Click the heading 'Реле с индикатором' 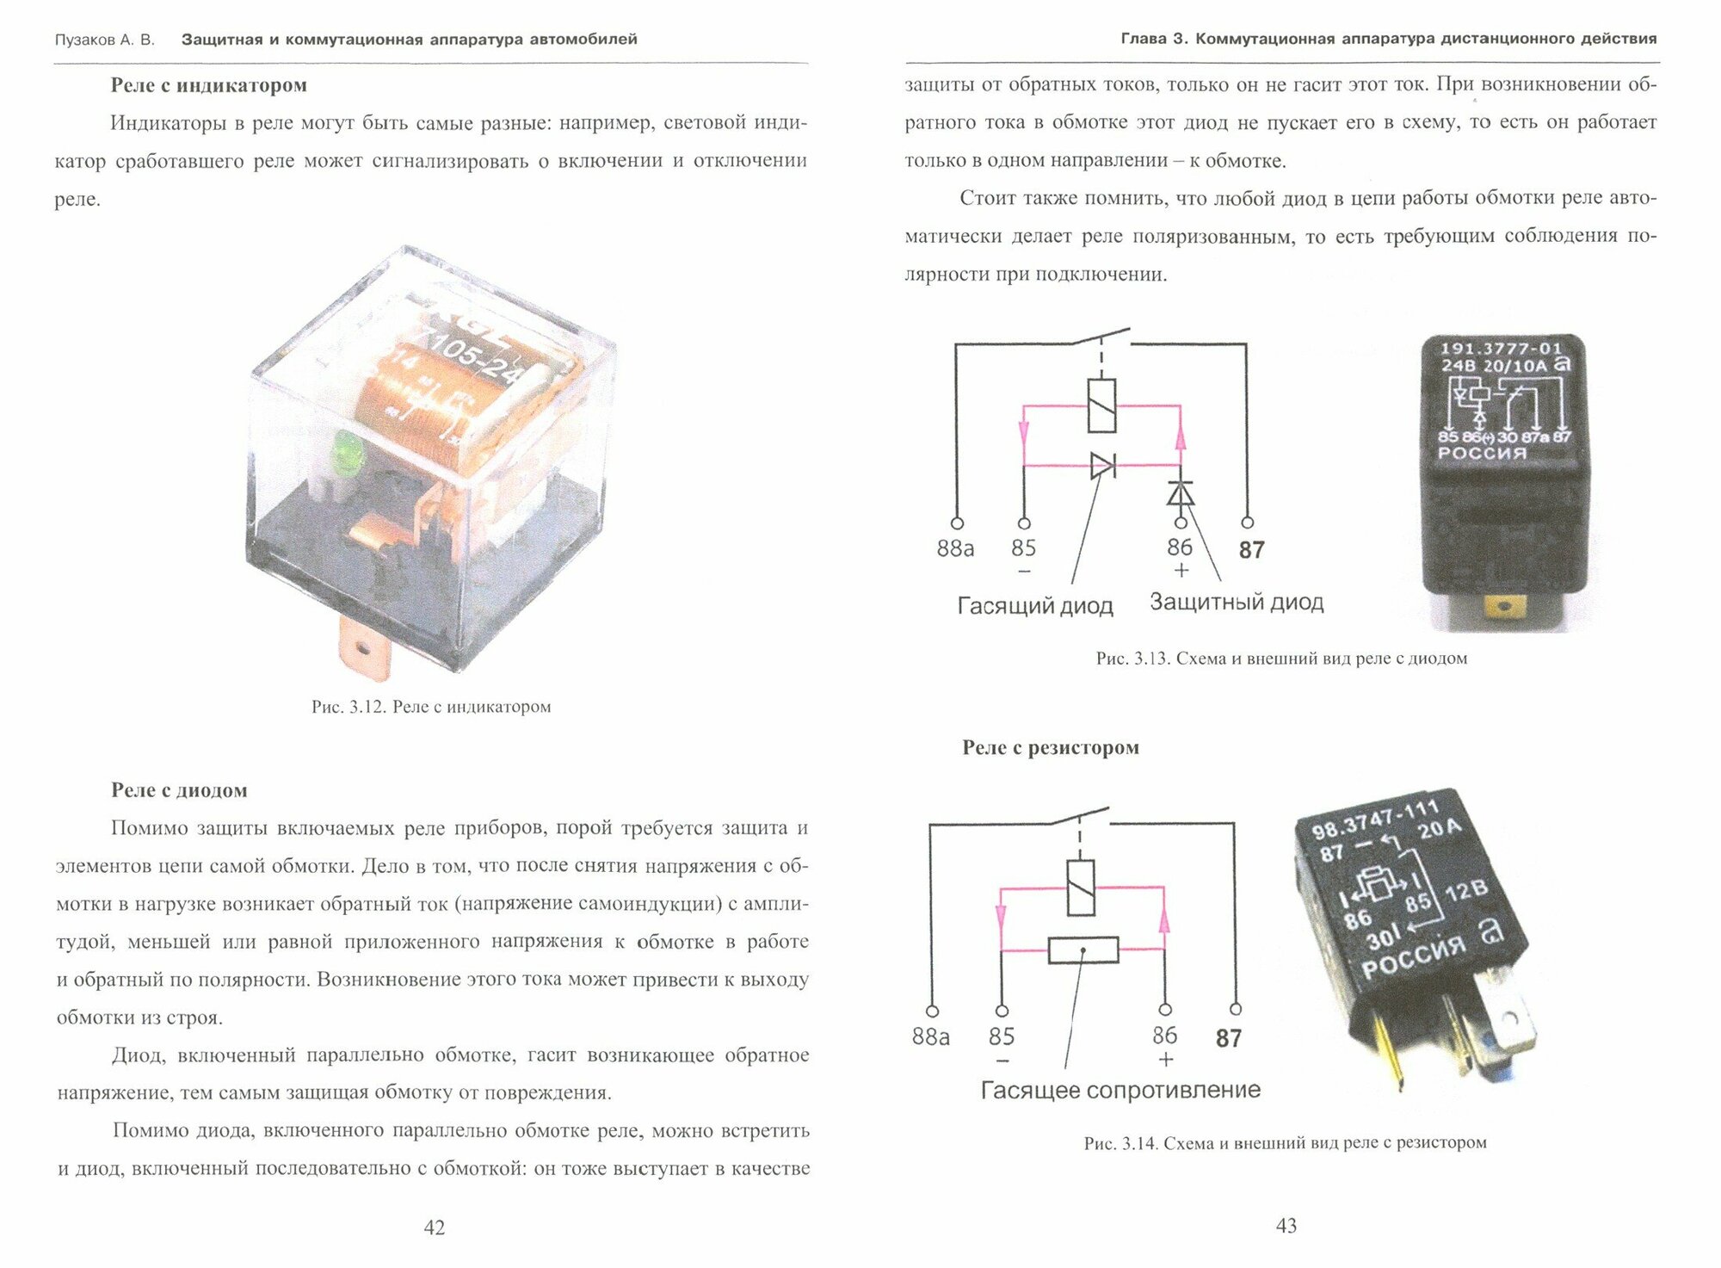coord(208,85)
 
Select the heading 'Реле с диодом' coord(179,790)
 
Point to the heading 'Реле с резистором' coord(1051,747)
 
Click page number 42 coord(435,1228)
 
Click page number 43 coord(1286,1226)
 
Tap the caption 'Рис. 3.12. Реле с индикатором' coord(431,707)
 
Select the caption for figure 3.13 coord(1281,659)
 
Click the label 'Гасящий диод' coord(1035,606)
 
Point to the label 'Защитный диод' coord(1237,602)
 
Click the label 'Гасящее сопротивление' coord(1120,1090)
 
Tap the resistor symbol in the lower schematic coord(1083,950)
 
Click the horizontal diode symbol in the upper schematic coord(1102,466)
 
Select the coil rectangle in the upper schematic coord(1101,405)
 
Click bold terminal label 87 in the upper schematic coord(1251,550)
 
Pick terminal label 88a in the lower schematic coord(930,1036)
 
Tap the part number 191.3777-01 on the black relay coord(1501,349)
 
